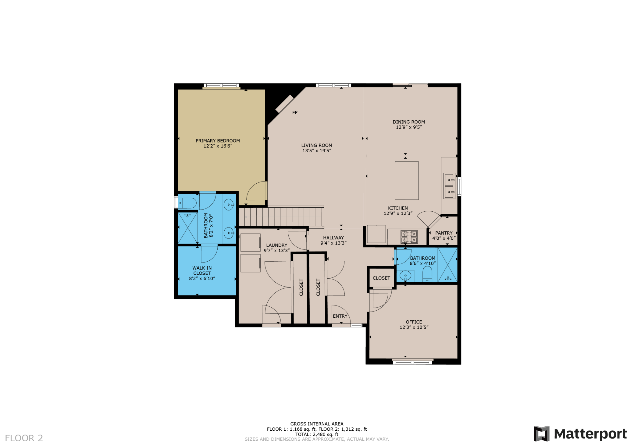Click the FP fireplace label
[295, 112]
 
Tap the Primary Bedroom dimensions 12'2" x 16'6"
[218, 146]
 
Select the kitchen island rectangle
[407, 181]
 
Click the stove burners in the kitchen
[409, 237]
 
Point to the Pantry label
[444, 233]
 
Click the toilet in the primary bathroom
[187, 203]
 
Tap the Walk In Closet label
[202, 270]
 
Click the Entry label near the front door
[340, 316]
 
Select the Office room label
[414, 322]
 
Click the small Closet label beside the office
[381, 278]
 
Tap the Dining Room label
[408, 122]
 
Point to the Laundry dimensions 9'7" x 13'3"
[276, 250]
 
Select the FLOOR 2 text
[24, 438]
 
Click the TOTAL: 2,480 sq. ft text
[317, 434]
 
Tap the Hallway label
[333, 238]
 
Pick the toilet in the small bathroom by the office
[427, 274]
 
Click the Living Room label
[317, 145]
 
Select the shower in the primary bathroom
[187, 228]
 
